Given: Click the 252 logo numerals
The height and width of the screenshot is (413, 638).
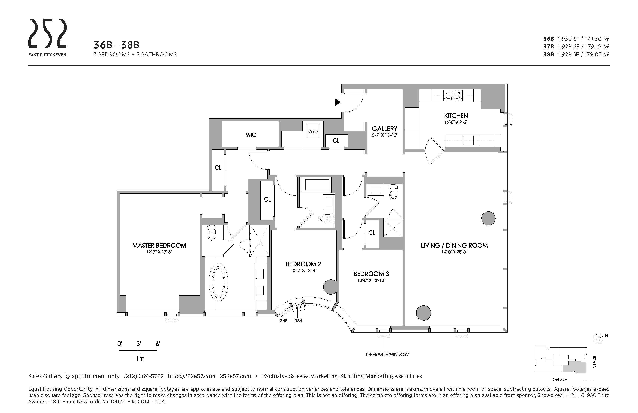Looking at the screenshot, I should pos(47,34).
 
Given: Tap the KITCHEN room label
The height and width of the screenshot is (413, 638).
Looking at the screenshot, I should pos(456,116).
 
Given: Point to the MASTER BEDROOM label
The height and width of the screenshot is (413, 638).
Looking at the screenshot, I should pos(159,245).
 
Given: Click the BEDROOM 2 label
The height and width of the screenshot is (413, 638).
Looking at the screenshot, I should pos(303,264).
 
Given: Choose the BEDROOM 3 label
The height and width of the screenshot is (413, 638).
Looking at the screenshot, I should pos(371,274).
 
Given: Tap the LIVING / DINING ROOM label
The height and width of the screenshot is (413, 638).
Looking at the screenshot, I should pos(454,245).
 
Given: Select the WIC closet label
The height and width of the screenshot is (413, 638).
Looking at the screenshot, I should pos(251,135).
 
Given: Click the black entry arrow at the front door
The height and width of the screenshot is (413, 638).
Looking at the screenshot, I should pos(338,102).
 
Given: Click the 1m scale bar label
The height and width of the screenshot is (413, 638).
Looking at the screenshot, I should pos(140,359).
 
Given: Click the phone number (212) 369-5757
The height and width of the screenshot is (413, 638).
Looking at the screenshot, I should pos(143,376).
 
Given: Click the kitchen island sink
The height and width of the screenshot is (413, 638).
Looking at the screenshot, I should pos(468,140).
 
